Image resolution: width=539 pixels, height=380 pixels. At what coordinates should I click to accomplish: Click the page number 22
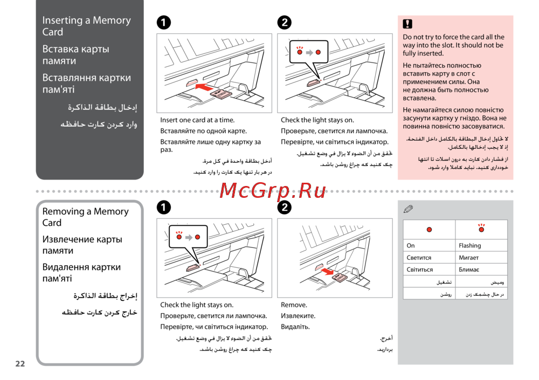(x=20, y=363)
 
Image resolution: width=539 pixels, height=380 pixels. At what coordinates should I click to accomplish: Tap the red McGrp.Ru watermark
(x=273, y=190)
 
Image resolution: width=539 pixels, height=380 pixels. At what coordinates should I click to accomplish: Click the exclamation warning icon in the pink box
(x=407, y=24)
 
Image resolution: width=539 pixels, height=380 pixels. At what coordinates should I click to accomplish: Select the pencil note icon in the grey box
(x=408, y=209)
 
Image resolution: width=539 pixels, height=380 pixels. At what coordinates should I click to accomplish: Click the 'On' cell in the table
(x=429, y=246)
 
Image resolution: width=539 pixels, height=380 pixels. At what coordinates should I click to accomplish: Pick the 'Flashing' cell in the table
(x=481, y=246)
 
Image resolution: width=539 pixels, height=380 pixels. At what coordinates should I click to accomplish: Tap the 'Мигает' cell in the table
(x=481, y=258)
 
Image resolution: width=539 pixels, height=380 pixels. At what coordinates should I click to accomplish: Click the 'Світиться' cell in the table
(x=429, y=270)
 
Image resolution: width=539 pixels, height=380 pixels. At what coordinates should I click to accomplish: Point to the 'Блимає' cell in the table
(x=481, y=270)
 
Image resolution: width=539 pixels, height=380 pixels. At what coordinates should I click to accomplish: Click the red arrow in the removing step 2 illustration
(x=327, y=272)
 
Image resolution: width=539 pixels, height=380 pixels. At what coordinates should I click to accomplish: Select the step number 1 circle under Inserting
(x=164, y=23)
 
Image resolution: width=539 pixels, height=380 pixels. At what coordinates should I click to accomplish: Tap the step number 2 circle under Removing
(x=284, y=208)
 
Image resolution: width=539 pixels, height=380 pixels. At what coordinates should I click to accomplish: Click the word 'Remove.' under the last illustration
(x=294, y=305)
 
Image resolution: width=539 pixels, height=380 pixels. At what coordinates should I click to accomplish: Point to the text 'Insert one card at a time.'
(x=197, y=120)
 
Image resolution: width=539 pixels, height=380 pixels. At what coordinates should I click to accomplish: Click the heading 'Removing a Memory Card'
(x=85, y=217)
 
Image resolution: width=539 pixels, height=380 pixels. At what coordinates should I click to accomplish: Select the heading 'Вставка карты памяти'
(x=75, y=54)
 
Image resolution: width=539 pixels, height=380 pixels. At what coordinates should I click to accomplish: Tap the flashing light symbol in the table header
(x=481, y=228)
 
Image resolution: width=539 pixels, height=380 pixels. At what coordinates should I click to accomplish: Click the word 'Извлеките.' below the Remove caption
(x=298, y=316)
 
